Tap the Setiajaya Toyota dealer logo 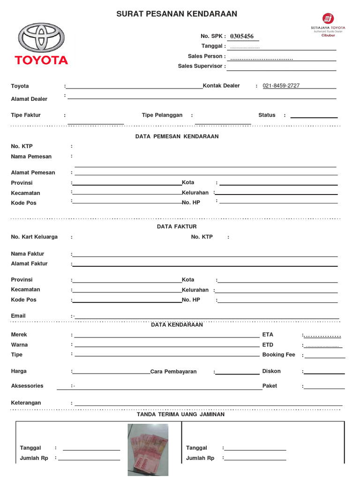click(x=328, y=24)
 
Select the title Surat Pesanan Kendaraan click(x=177, y=14)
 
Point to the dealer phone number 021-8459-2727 click(x=281, y=86)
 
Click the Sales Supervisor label click(x=200, y=66)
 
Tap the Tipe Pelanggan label click(x=162, y=115)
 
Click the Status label click(x=267, y=115)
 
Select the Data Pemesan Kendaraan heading click(x=177, y=137)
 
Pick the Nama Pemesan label click(x=31, y=157)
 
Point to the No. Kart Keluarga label click(x=34, y=237)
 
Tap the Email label click(x=18, y=316)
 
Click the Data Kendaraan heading click(x=177, y=325)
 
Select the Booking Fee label click(x=278, y=355)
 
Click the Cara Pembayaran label click(x=173, y=372)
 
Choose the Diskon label click(x=271, y=371)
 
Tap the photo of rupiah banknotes click(x=148, y=449)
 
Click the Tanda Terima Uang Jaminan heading click(x=180, y=414)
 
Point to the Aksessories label click(x=27, y=386)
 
